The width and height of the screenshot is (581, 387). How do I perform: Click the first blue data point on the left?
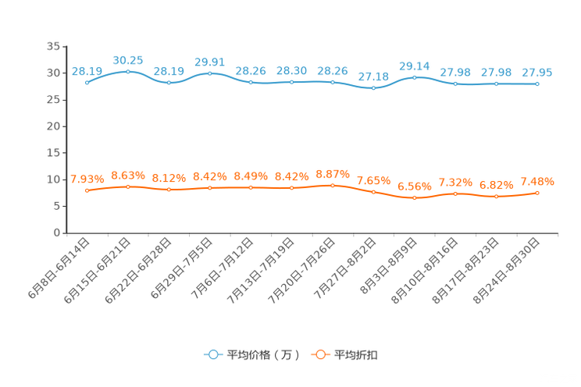[87, 82]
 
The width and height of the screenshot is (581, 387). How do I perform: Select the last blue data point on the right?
[537, 83]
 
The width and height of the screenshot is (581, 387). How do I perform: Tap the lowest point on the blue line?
[373, 87]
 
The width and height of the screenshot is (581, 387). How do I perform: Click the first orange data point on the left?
[87, 190]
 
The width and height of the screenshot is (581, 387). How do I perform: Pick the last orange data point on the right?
[537, 192]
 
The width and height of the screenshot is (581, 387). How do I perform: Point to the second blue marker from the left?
[127, 71]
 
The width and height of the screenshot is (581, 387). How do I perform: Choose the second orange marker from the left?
[127, 186]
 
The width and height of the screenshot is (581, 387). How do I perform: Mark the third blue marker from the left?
[169, 82]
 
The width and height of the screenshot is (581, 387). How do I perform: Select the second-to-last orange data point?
[496, 197]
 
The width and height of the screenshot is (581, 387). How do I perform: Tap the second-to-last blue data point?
[496, 83]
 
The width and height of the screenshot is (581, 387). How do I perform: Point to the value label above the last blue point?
[536, 73]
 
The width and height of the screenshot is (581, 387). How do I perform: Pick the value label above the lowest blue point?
[373, 76]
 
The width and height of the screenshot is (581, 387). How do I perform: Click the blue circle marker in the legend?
[212, 354]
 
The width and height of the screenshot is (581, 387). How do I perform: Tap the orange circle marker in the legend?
[319, 354]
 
